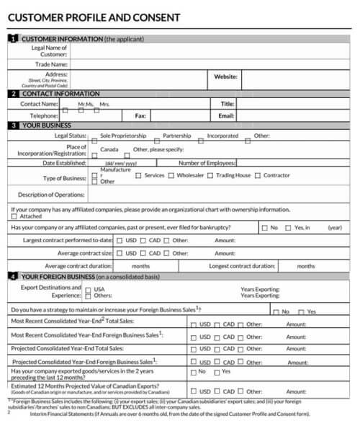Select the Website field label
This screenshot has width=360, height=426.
pos(225,76)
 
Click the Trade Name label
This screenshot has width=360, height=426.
pos(51,64)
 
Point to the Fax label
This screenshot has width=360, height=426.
pos(140,115)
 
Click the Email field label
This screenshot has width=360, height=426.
pos(226,115)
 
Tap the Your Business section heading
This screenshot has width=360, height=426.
pos(47,125)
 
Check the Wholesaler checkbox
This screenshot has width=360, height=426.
pos(171,175)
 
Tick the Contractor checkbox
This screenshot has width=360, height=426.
pos(258,175)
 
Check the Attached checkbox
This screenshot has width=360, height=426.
pos(14,216)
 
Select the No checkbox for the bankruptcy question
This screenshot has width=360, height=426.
pos(264,228)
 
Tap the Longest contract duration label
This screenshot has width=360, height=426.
pos(242,265)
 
